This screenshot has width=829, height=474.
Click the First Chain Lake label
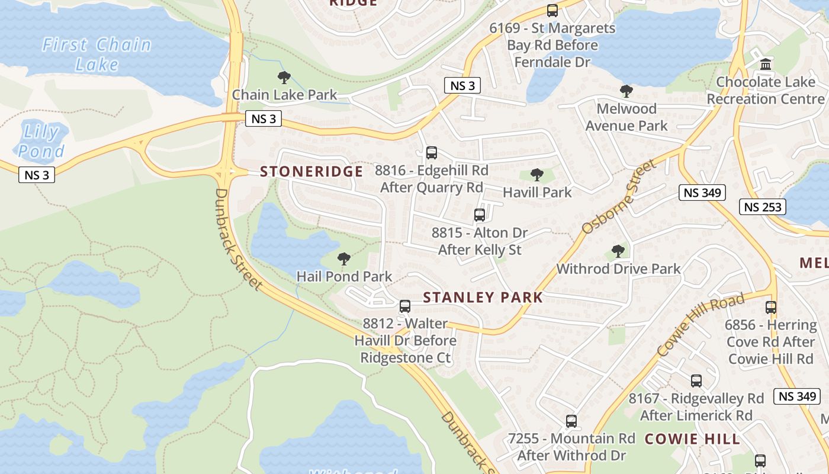click(x=97, y=54)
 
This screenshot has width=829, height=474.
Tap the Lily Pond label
click(x=41, y=142)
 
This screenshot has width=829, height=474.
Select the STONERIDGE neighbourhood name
click(x=311, y=172)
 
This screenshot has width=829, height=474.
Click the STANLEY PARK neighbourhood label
click(x=483, y=297)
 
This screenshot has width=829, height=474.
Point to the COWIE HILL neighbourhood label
click(x=692, y=439)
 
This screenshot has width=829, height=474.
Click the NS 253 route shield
click(x=763, y=207)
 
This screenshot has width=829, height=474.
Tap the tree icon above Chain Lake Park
click(x=284, y=77)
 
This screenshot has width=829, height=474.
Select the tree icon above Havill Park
click(x=537, y=175)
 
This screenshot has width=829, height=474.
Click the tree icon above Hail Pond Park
click(x=343, y=259)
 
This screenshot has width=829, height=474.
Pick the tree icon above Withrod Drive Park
click(x=618, y=251)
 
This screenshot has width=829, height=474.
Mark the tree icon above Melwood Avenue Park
click(x=626, y=91)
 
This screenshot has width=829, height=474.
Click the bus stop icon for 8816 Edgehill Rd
click(x=432, y=153)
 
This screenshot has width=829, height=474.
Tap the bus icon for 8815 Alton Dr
click(x=480, y=215)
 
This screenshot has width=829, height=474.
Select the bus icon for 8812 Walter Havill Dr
click(x=405, y=306)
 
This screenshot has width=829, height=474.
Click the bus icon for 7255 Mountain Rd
click(x=571, y=421)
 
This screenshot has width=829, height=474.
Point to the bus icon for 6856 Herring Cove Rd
click(x=771, y=308)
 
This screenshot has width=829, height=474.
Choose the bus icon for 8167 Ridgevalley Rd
click(x=696, y=381)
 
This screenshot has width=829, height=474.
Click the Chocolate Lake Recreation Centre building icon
click(x=766, y=64)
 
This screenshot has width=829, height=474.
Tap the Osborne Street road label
click(x=619, y=196)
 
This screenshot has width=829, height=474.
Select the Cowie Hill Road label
click(x=701, y=325)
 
